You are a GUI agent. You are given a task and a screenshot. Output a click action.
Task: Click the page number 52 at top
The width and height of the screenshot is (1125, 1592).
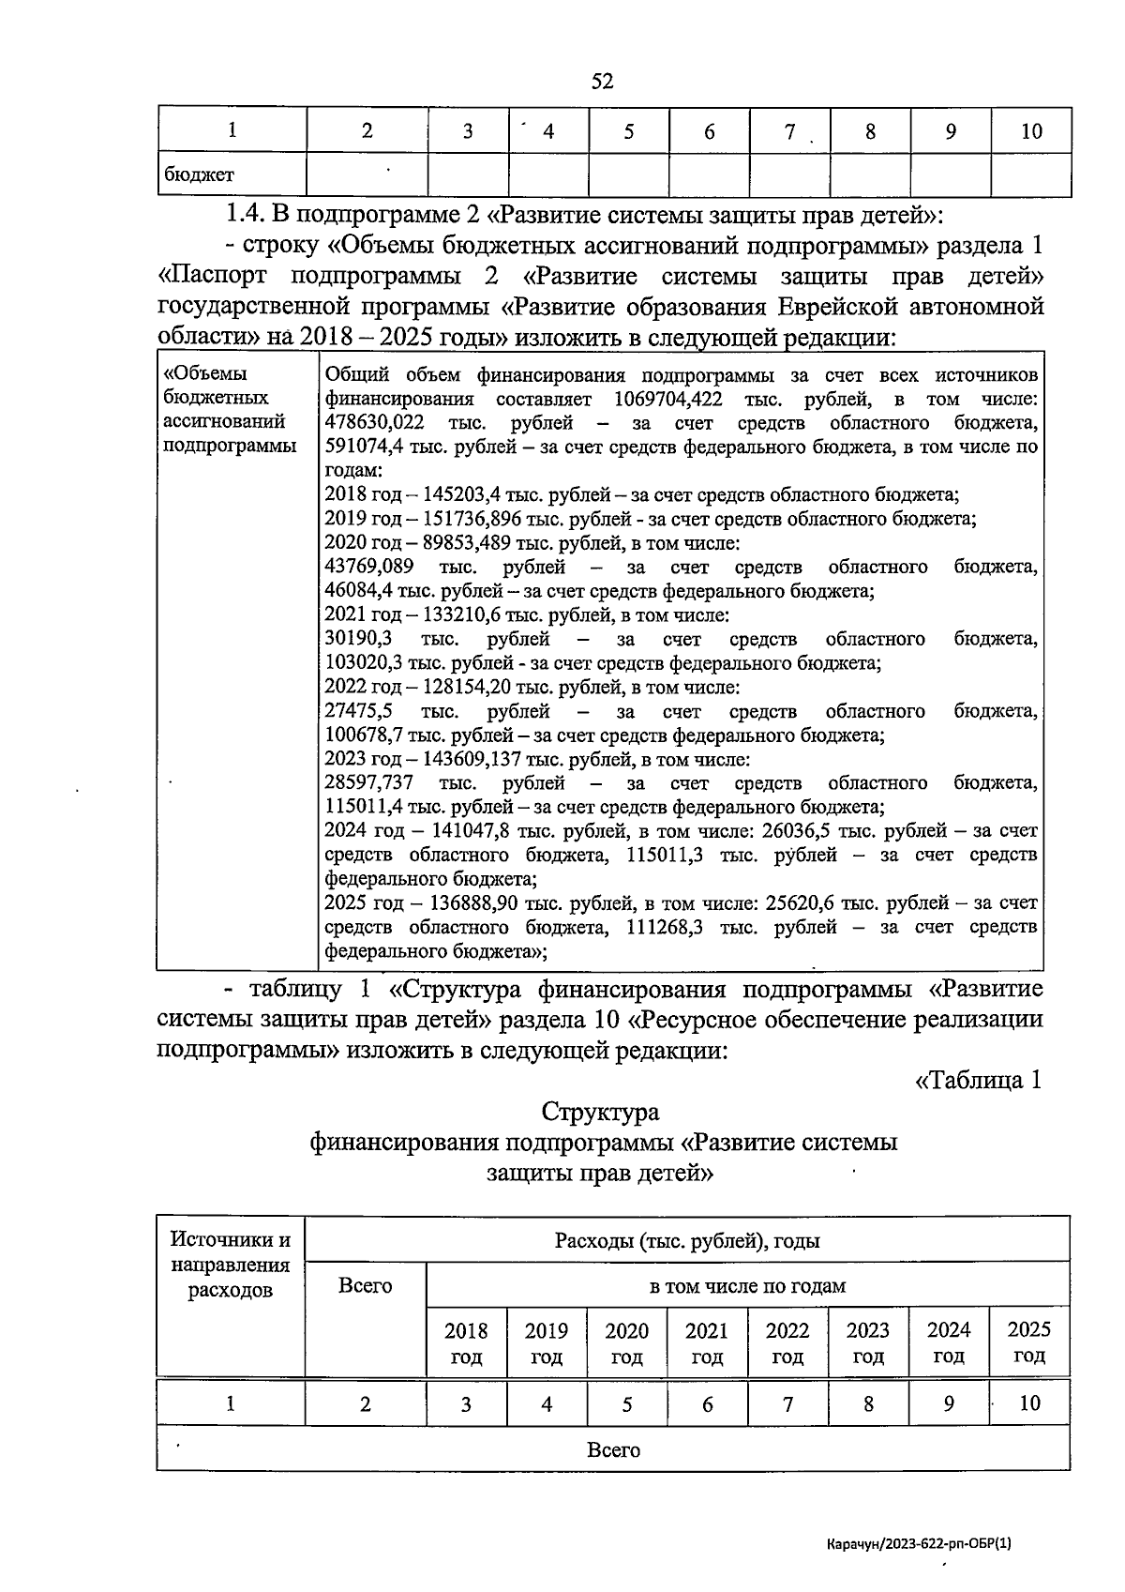click(x=602, y=82)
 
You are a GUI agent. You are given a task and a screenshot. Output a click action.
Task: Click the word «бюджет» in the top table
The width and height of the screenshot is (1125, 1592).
click(x=199, y=174)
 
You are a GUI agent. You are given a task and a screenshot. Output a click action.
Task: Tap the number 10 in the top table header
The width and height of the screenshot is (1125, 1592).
click(x=1030, y=131)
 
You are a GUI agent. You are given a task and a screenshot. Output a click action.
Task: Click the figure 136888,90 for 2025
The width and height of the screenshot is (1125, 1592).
click(x=474, y=903)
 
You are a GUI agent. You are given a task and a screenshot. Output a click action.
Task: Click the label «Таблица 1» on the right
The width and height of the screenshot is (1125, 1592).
click(x=978, y=1080)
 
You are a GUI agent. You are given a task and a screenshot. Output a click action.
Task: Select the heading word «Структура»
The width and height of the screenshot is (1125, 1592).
click(x=600, y=1112)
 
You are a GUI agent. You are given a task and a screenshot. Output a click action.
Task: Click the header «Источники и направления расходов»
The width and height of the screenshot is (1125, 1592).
click(x=231, y=1265)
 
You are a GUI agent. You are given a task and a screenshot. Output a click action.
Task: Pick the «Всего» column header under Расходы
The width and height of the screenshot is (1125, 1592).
click(x=365, y=1285)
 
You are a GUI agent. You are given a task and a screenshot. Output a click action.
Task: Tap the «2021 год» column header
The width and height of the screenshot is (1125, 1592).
click(x=707, y=1342)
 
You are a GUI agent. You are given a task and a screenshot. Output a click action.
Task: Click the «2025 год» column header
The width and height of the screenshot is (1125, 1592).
click(x=1029, y=1342)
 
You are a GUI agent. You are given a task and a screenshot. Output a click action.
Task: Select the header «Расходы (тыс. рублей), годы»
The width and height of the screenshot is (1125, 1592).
click(x=687, y=1241)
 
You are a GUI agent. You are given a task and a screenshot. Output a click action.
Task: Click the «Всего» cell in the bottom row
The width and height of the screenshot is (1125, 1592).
click(x=613, y=1449)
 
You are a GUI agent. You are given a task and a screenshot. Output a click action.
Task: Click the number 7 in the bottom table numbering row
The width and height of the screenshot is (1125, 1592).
click(x=787, y=1403)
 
